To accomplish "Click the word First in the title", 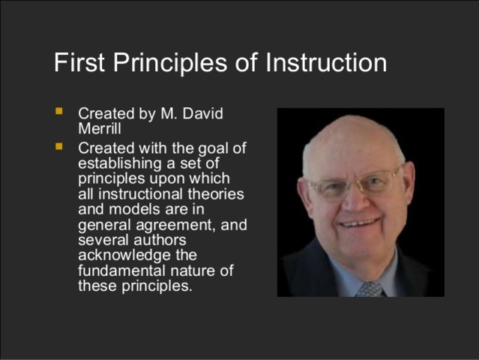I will click(78, 62).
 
